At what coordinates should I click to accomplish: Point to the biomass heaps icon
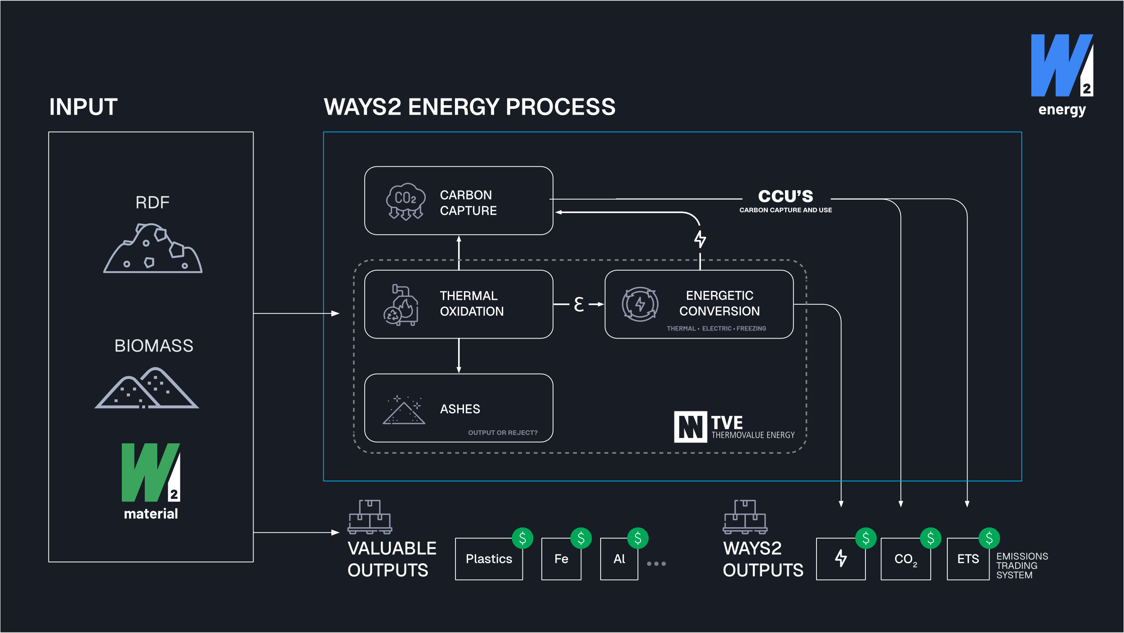pyautogui.click(x=147, y=388)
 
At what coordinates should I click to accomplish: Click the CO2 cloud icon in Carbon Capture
pyautogui.click(x=406, y=201)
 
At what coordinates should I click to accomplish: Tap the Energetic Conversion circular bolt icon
pyautogui.click(x=640, y=304)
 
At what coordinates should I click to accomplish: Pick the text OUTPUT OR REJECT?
pyautogui.click(x=503, y=432)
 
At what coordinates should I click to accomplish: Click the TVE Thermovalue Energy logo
pyautogui.click(x=734, y=427)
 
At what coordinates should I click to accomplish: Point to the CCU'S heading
pyautogui.click(x=785, y=196)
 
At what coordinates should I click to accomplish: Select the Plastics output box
pyautogui.click(x=489, y=559)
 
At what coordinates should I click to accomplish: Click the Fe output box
pyautogui.click(x=561, y=559)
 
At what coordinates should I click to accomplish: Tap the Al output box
pyautogui.click(x=619, y=559)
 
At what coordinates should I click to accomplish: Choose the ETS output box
pyautogui.click(x=968, y=559)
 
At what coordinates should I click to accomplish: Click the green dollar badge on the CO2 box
pyautogui.click(x=930, y=538)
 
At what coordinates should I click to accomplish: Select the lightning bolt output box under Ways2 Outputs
pyautogui.click(x=840, y=559)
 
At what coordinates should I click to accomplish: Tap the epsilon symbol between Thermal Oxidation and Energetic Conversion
pyautogui.click(x=579, y=304)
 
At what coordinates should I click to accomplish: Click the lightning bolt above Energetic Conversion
pyautogui.click(x=700, y=239)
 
